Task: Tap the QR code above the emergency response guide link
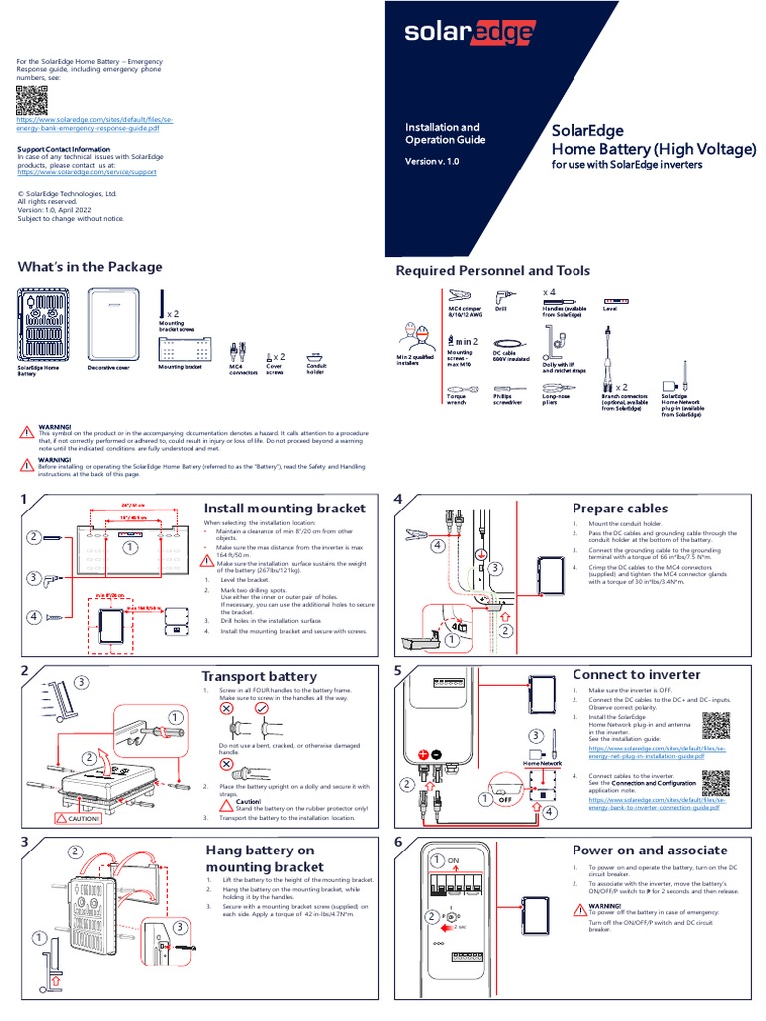coord(32,101)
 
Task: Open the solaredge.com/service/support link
coord(87,171)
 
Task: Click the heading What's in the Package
coord(90,266)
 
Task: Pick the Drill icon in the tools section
coord(502,296)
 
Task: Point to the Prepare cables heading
coord(620,509)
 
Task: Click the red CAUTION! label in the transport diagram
coord(78,818)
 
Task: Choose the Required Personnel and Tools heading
coord(493,271)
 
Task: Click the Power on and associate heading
coord(649,850)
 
